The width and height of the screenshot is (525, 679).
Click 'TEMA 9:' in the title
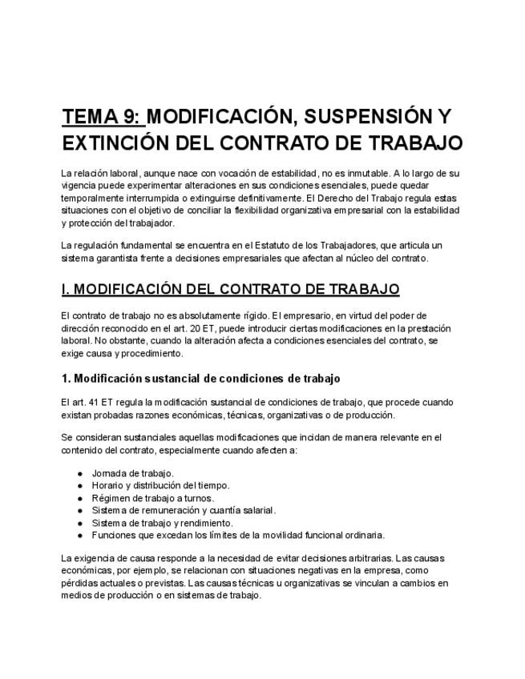(102, 117)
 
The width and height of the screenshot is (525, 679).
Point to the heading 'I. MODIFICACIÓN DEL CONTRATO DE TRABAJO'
(230, 288)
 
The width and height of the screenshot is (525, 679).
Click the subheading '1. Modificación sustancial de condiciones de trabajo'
(201, 378)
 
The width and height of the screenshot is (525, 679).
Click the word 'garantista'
(115, 258)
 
